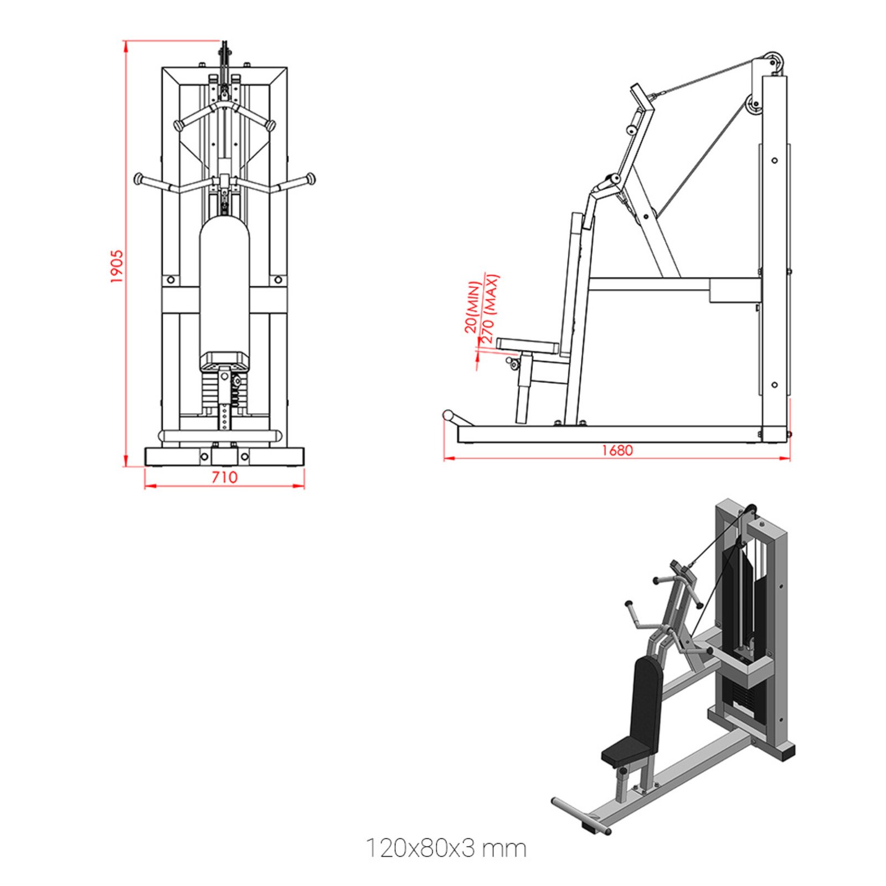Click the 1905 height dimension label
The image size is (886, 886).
(x=116, y=266)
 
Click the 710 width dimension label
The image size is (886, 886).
(x=224, y=477)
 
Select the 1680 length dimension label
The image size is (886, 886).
(x=617, y=450)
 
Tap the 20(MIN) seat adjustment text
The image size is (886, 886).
(x=471, y=307)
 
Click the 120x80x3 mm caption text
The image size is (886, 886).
(x=446, y=848)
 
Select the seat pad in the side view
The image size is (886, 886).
(x=527, y=346)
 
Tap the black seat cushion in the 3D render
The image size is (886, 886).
(x=628, y=751)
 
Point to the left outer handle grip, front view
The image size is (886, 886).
(x=139, y=179)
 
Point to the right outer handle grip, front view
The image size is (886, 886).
(x=310, y=178)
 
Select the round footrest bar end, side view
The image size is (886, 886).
(x=448, y=415)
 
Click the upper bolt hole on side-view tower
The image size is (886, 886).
(x=774, y=161)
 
